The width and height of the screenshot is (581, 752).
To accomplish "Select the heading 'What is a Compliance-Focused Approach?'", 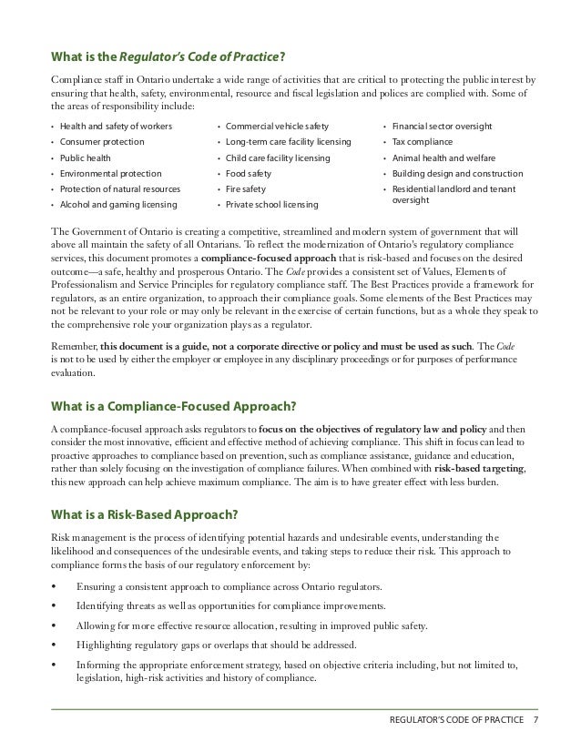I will pyautogui.click(x=159, y=405).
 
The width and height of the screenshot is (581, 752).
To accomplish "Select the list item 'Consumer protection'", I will pyautogui.click(x=101, y=141).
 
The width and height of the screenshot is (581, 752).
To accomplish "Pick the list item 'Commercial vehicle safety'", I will pyautogui.click(x=277, y=126).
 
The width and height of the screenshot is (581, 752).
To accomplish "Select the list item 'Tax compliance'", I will pyautogui.click(x=423, y=141).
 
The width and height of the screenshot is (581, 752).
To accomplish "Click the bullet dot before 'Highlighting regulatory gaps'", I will pyautogui.click(x=56, y=645).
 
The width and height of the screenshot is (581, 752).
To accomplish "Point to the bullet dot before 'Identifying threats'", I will pyautogui.click(x=56, y=605).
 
